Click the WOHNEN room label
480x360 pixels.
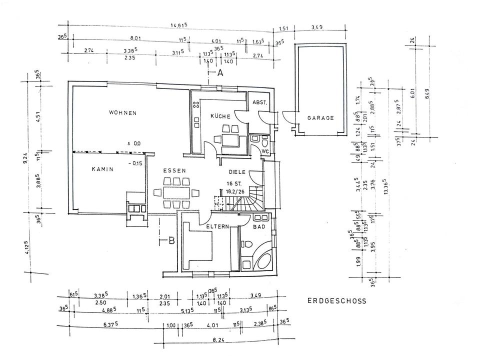122,113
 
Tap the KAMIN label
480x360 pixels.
102,169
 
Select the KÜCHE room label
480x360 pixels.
220,116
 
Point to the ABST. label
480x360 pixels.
260,102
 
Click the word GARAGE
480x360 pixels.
320,118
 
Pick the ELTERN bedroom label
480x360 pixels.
217,226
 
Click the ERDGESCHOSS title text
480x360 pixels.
336,301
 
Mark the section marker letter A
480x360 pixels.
219,73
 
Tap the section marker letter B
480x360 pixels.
171,241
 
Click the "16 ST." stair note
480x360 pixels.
234,183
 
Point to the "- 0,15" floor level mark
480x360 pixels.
135,163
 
